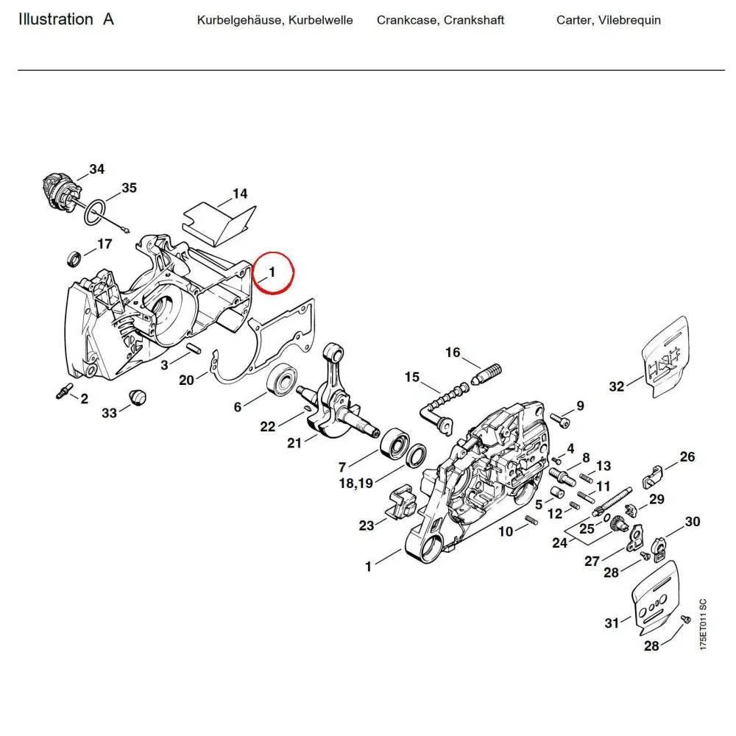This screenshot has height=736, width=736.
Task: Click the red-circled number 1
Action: point(272,272)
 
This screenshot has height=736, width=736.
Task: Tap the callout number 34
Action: point(97,169)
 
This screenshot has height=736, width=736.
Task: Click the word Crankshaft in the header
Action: point(474,21)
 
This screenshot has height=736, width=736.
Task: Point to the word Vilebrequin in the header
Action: point(630,21)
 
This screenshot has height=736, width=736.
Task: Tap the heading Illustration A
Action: point(66,20)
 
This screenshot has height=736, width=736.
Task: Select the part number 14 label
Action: point(240,194)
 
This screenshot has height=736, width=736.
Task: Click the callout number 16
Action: point(453,353)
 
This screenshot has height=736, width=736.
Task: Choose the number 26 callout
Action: point(686,457)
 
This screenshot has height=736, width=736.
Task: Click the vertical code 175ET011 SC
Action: point(703,623)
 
